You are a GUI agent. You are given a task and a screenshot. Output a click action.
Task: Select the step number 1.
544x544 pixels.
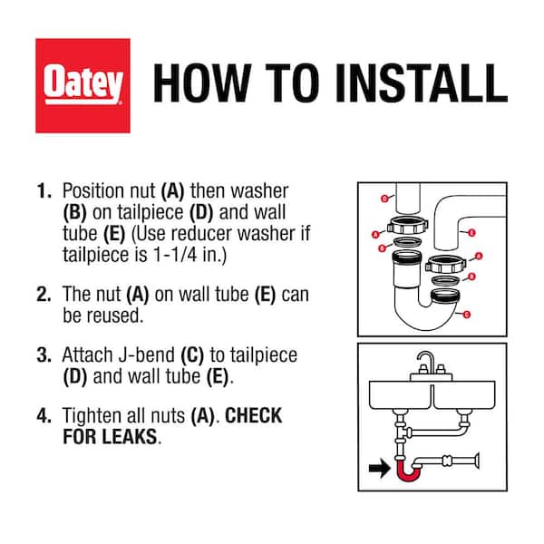(43, 192)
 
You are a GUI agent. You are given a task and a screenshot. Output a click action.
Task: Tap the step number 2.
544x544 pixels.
(44, 294)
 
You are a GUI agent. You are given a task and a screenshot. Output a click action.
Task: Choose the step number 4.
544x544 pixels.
(44, 416)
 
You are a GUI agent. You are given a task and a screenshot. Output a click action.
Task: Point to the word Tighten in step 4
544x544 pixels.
(94, 416)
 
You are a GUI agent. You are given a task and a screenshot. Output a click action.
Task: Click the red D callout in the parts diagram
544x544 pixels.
(384, 197)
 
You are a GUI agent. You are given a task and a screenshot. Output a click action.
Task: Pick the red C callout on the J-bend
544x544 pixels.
(466, 314)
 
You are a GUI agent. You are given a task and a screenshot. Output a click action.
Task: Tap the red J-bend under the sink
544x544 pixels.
(410, 468)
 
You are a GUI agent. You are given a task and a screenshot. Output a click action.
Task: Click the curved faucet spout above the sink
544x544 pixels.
(424, 364)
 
